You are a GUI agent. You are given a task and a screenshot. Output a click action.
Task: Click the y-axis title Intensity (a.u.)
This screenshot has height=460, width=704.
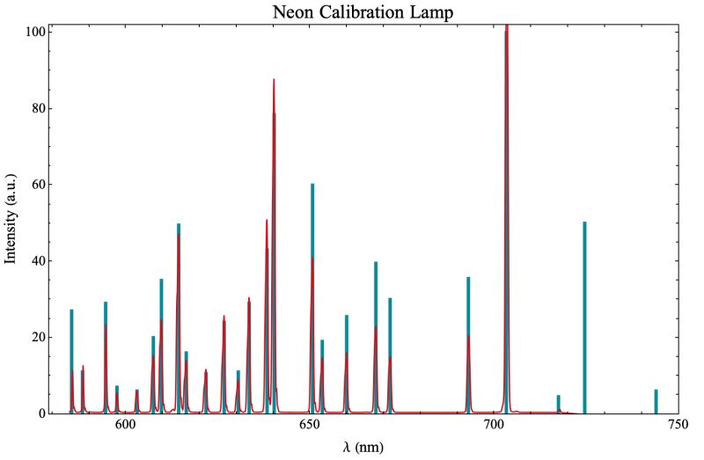point(11,219)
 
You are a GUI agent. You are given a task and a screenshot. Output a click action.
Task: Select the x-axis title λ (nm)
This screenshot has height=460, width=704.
point(363,447)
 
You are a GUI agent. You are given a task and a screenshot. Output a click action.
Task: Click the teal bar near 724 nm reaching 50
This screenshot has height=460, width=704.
point(584,317)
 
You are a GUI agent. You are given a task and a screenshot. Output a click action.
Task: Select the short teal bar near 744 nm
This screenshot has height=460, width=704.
point(656,401)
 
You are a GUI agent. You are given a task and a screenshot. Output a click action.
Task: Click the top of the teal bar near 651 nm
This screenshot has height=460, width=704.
point(312,186)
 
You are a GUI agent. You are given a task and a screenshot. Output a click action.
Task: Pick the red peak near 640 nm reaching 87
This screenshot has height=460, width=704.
point(274,81)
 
